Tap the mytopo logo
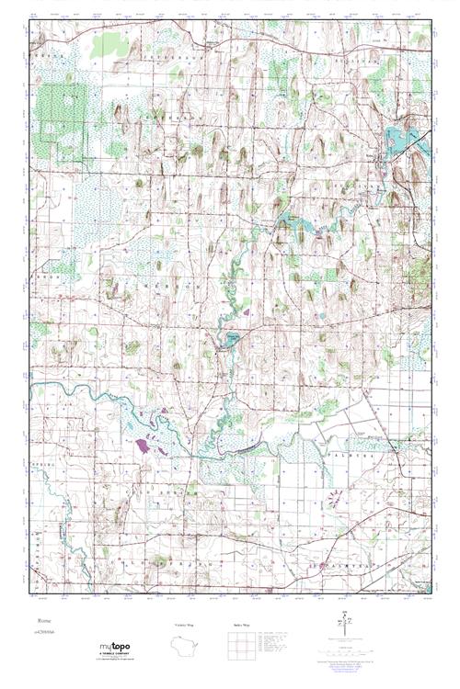(114, 647)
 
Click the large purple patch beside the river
(144, 446)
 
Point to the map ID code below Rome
(43, 634)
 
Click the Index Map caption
(242, 626)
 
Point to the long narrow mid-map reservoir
(293, 221)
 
